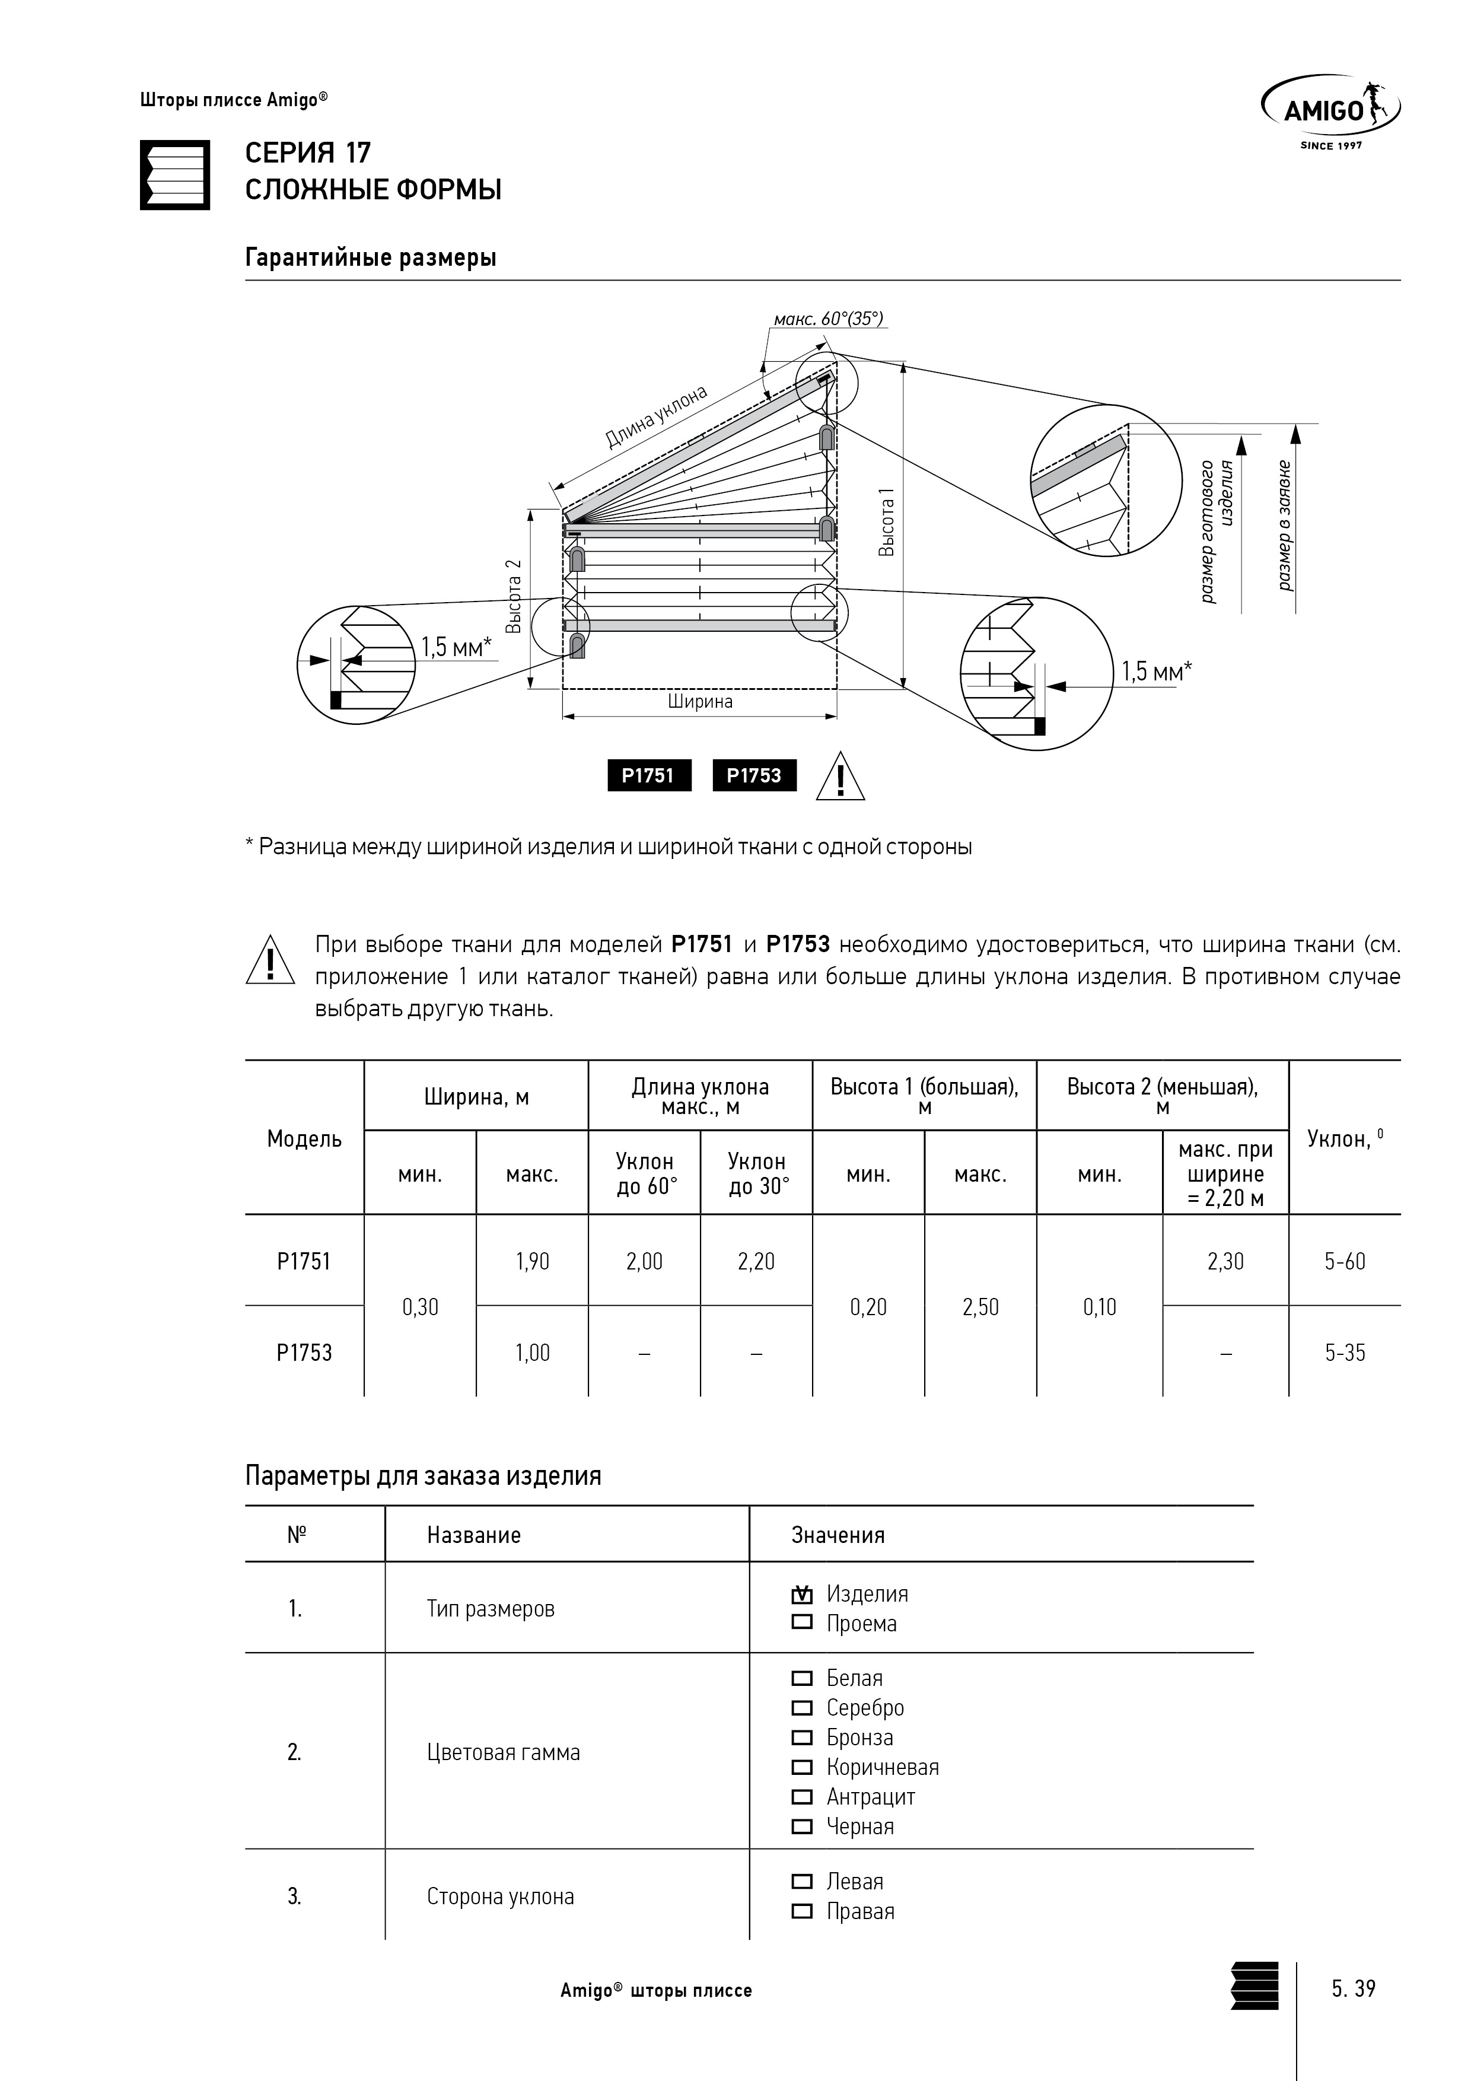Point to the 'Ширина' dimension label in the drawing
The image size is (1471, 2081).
[700, 702]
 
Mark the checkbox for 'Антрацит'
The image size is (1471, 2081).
[802, 1796]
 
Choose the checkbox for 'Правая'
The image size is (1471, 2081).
[802, 1911]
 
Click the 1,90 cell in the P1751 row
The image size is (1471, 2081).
[532, 1261]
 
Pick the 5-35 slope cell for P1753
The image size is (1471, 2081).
[1344, 1353]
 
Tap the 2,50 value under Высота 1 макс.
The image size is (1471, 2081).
[980, 1306]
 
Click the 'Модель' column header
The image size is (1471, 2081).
[304, 1138]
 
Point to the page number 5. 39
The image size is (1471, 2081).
[1353, 1988]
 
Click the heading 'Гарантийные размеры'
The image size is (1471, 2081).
[371, 257]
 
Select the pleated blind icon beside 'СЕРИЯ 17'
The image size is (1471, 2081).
[175, 175]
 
